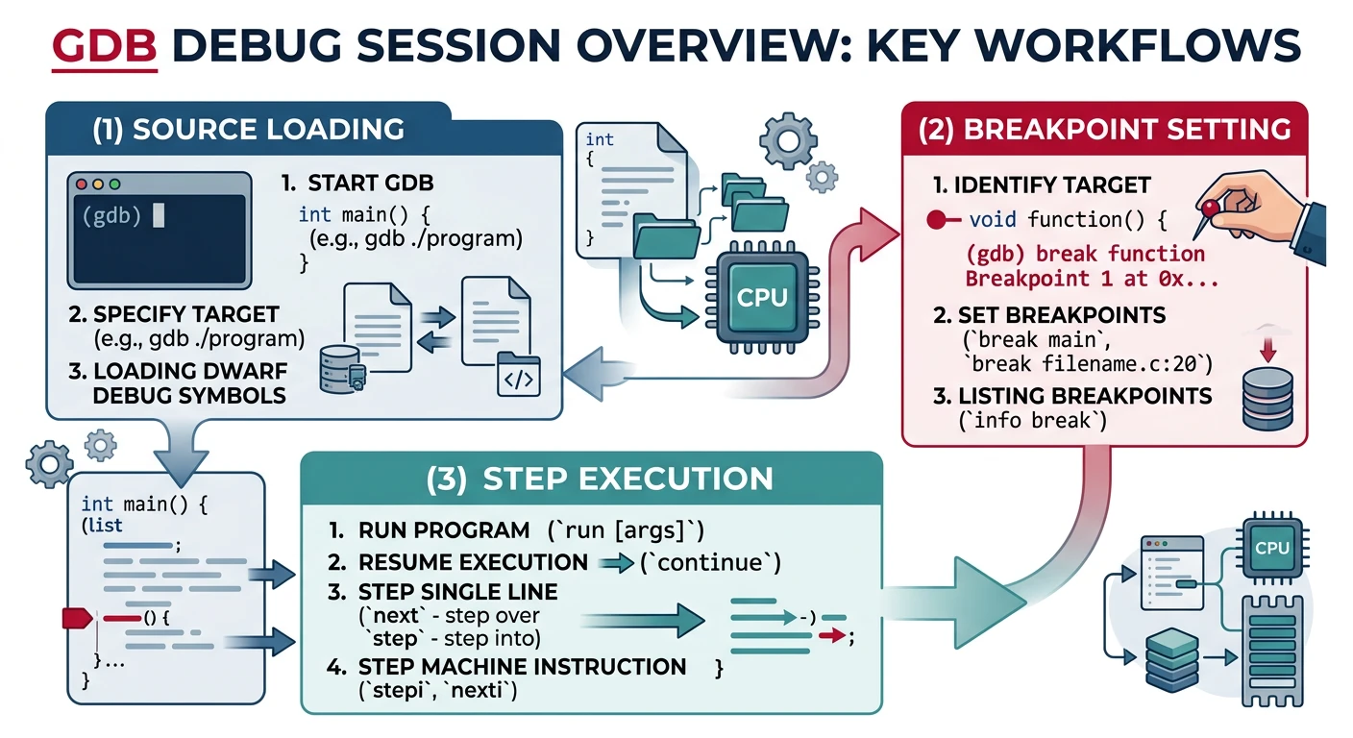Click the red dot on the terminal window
[82, 183]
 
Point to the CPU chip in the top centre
[761, 297]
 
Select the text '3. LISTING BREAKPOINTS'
[1071, 396]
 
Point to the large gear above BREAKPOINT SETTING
[786, 140]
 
